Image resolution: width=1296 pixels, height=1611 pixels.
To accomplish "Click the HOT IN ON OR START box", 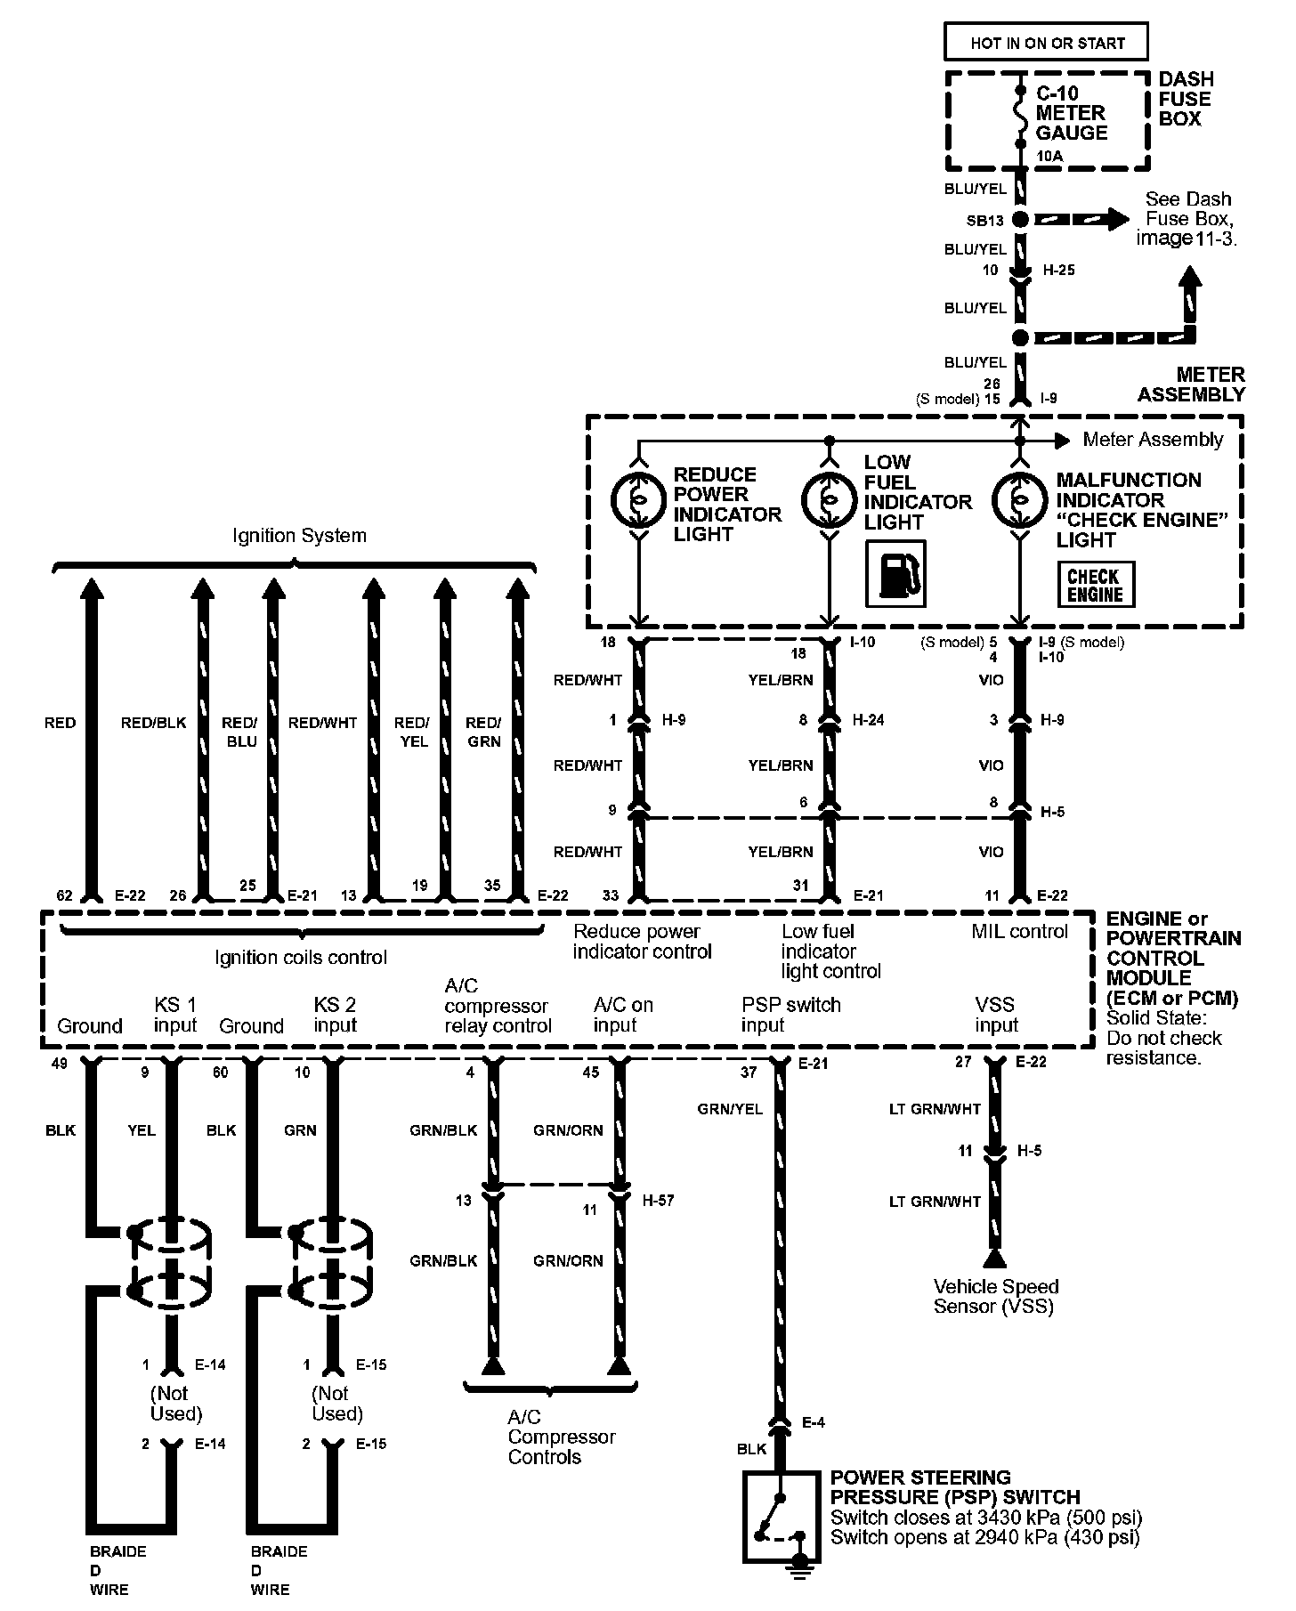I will click(x=1047, y=43).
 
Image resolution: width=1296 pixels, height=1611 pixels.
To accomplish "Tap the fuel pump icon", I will click(x=895, y=574).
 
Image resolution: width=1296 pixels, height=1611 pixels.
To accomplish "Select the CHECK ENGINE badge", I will click(x=1095, y=585).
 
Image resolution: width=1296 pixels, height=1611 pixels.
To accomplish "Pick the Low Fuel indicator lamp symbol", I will click(x=829, y=501).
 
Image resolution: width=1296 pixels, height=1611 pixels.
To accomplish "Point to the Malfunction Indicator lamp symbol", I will click(x=1020, y=501).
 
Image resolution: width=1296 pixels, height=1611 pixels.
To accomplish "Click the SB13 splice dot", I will click(x=1020, y=219).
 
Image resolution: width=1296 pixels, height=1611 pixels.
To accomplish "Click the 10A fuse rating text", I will click(x=1050, y=157).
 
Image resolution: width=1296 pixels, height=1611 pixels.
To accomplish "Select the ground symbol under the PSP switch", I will click(x=802, y=1573).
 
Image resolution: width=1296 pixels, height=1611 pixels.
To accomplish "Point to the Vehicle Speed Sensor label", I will click(x=995, y=1296).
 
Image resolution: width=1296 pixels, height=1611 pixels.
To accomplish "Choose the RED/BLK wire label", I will click(x=153, y=723).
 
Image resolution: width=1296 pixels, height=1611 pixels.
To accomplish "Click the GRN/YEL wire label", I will click(x=730, y=1109).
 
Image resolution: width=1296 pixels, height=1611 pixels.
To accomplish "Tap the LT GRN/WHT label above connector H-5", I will click(x=935, y=1109).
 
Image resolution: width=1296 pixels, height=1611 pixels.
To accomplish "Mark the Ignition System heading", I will click(x=299, y=536).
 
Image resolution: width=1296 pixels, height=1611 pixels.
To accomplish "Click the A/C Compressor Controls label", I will click(x=561, y=1437).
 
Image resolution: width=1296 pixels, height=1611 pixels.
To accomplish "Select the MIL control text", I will click(x=1019, y=931).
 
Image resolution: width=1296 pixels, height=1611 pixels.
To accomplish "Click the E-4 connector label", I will click(x=814, y=1422).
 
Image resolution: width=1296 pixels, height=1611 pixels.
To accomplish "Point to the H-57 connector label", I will click(x=659, y=1200).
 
